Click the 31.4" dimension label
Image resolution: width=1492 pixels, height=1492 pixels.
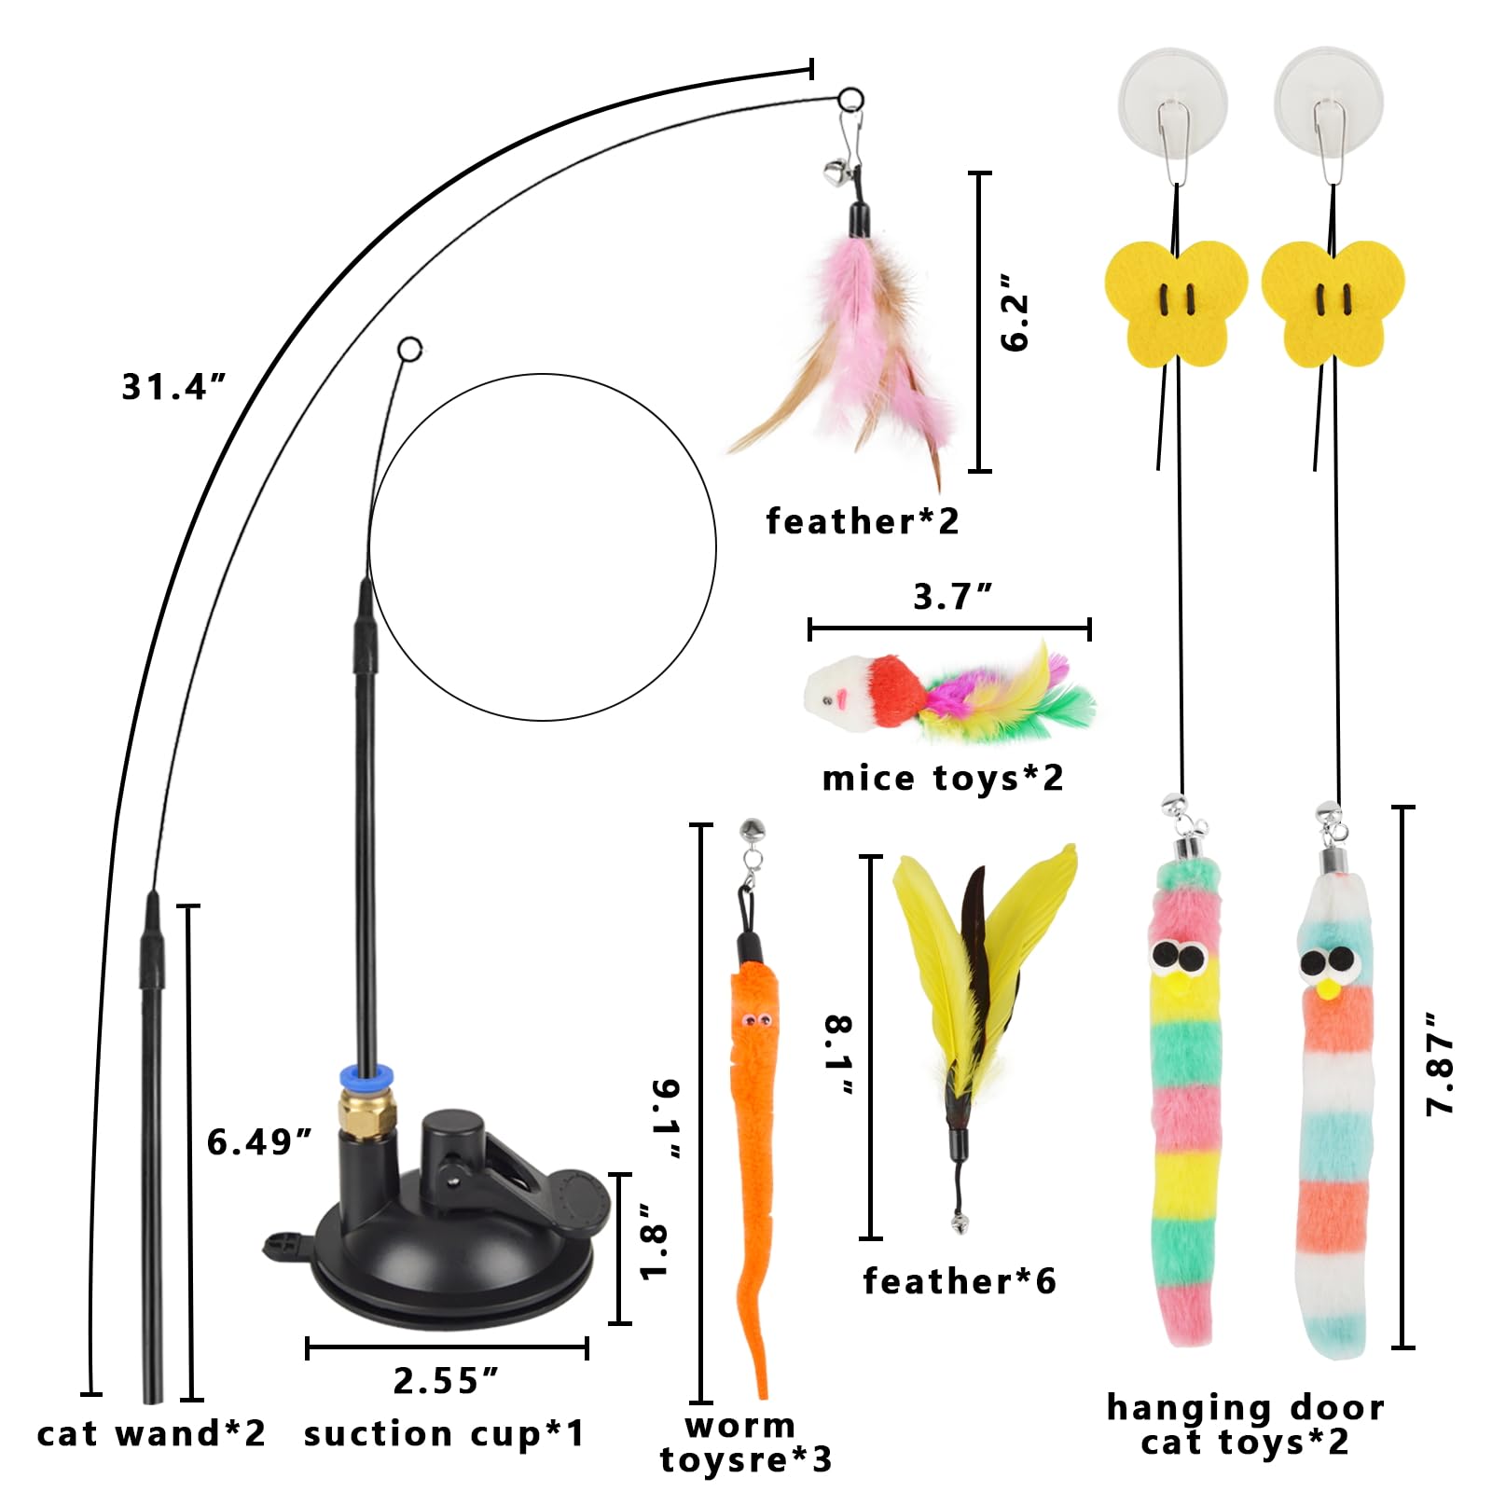coord(173,387)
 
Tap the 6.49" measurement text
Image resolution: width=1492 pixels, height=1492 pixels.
coord(259,1141)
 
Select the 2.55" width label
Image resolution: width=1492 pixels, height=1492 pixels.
coord(446,1381)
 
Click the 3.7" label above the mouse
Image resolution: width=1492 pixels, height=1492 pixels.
coord(952,596)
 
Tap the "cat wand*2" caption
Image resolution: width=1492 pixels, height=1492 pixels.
coord(151,1433)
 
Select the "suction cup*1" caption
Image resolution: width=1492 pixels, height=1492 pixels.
coord(444,1434)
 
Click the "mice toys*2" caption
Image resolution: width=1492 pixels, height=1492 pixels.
coord(943,778)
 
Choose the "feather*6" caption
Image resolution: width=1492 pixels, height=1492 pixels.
coord(960,1280)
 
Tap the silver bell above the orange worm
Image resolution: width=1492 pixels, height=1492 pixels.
coord(751,828)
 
